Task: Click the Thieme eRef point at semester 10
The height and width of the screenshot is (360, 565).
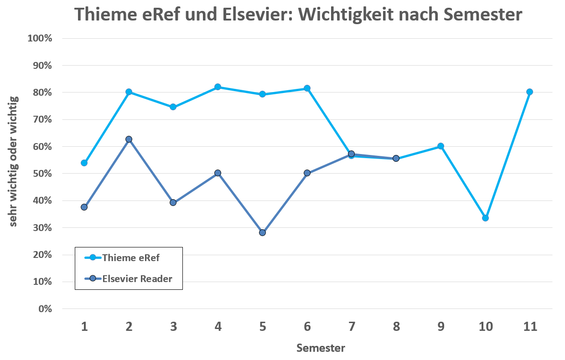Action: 485,218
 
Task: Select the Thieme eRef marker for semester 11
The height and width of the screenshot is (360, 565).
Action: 529,92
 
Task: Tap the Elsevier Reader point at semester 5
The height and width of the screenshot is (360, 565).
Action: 262,232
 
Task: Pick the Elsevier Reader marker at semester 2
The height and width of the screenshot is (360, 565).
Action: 129,139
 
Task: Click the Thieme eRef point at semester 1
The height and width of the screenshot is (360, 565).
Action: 84,163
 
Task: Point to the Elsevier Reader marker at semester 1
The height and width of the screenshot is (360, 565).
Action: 84,207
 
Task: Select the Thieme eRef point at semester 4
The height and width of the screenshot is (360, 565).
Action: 218,87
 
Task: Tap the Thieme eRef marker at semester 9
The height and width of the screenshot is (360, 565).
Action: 441,146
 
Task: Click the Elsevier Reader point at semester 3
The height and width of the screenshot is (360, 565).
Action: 173,202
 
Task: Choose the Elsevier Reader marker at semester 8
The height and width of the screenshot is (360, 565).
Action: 396,158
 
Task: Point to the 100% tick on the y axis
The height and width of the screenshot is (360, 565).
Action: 41,38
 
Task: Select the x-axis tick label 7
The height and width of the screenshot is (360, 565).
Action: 351,326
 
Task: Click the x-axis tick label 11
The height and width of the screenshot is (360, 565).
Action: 529,326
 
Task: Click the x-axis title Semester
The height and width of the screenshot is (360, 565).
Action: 321,348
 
